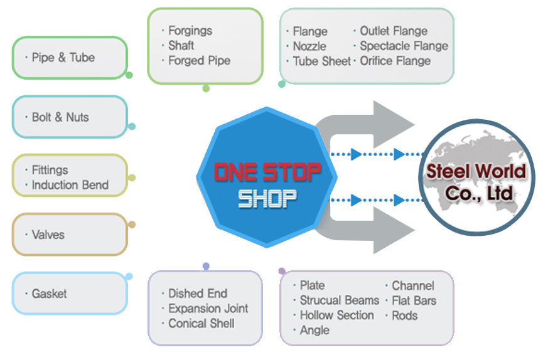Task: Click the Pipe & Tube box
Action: click(x=69, y=58)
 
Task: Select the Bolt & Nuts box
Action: click(x=69, y=117)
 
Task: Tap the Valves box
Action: click(x=69, y=235)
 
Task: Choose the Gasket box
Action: click(x=69, y=294)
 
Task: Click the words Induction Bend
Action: click(x=70, y=185)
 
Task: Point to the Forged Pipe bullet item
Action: click(x=199, y=61)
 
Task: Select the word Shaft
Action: click(x=181, y=46)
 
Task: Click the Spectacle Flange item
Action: click(x=404, y=46)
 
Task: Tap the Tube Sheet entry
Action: click(x=321, y=61)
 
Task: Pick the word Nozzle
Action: click(x=309, y=46)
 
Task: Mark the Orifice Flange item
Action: click(x=395, y=61)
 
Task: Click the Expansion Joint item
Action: click(x=208, y=309)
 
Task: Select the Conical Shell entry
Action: click(x=201, y=324)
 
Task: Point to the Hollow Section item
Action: click(x=336, y=315)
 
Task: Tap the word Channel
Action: click(x=413, y=285)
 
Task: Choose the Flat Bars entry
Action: click(x=414, y=300)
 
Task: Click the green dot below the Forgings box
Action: click(x=206, y=88)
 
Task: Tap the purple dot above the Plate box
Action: click(x=282, y=271)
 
